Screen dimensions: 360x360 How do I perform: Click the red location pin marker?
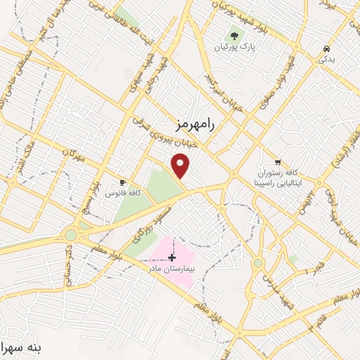(181, 167)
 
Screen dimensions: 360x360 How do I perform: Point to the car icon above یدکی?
(327, 49)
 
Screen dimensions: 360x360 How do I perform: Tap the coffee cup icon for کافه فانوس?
(123, 182)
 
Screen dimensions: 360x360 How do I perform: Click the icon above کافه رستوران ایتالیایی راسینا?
(279, 162)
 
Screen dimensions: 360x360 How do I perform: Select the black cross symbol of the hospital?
(172, 258)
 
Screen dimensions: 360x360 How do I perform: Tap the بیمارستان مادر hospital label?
(169, 269)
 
